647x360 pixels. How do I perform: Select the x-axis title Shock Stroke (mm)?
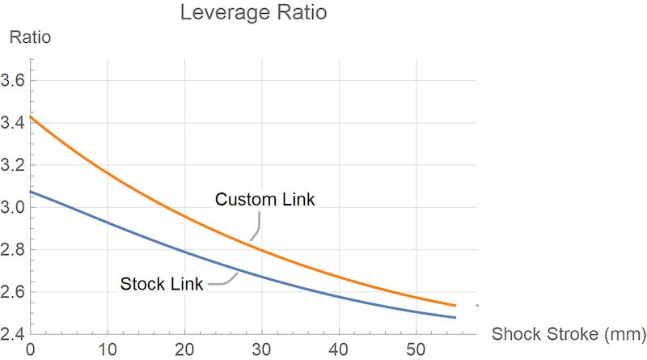pos(569,333)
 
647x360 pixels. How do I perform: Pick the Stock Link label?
pos(162,284)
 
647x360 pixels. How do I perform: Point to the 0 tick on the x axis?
pos(31,349)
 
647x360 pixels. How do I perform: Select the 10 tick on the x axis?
pos(108,349)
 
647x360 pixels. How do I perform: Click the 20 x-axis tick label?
pos(184,349)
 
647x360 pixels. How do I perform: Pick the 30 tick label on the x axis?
pos(261,349)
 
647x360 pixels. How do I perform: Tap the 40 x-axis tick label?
pos(338,349)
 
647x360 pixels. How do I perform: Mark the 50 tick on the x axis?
pos(415,349)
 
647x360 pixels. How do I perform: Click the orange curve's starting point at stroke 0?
pos(32,117)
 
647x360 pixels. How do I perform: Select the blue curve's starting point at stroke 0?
pos(32,192)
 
